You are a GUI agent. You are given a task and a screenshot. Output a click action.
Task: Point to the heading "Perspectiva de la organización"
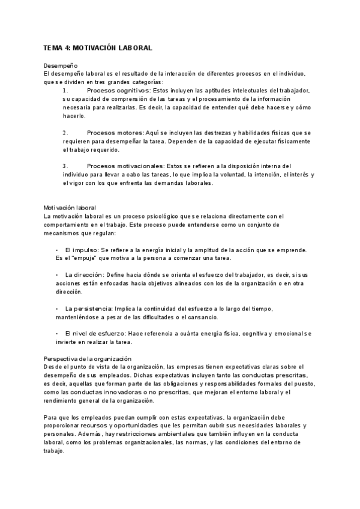[x=87, y=358]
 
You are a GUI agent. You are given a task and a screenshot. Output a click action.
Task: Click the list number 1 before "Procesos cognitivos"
[x=65, y=90]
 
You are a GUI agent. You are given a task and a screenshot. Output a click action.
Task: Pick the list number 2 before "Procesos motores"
[x=65, y=132]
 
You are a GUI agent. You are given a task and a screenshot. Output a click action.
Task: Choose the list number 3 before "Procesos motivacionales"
[x=65, y=166]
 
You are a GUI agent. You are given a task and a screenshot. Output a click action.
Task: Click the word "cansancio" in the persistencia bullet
[x=202, y=316]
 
